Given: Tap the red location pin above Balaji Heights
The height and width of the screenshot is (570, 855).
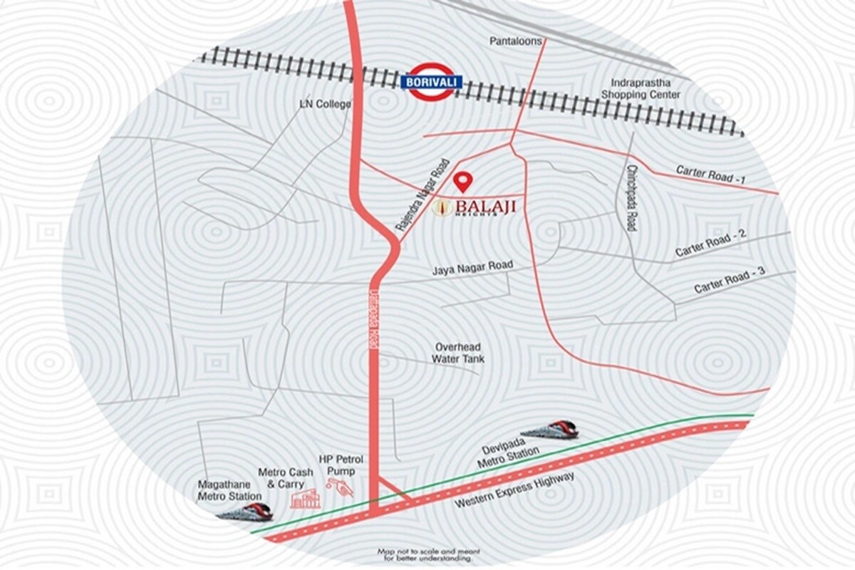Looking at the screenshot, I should click(x=464, y=182).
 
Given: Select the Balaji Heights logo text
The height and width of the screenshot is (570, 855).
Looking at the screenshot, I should click(x=474, y=208).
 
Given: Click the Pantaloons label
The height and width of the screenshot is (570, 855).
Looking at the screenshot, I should click(x=515, y=42).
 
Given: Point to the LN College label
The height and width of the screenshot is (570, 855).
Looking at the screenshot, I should click(x=324, y=105).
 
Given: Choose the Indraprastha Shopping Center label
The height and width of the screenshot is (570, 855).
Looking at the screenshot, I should click(x=641, y=88).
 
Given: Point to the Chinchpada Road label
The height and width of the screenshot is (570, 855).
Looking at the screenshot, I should click(x=631, y=199).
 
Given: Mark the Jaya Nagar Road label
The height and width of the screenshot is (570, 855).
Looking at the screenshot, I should click(x=472, y=268).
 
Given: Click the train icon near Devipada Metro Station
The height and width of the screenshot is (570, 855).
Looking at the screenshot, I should click(x=549, y=430).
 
